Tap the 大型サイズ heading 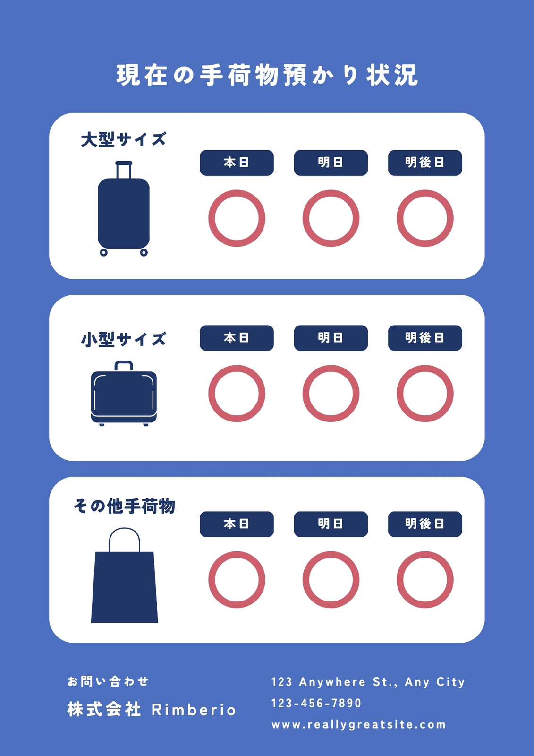(x=123, y=139)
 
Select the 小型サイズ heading (x=123, y=339)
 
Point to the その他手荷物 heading (x=125, y=506)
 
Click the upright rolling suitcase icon (x=124, y=208)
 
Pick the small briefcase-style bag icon (x=124, y=394)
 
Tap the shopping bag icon (x=125, y=575)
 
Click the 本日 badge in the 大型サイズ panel (x=237, y=163)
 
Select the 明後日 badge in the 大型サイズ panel (x=425, y=163)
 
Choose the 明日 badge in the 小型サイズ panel (x=331, y=338)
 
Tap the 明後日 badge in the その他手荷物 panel (x=425, y=524)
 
